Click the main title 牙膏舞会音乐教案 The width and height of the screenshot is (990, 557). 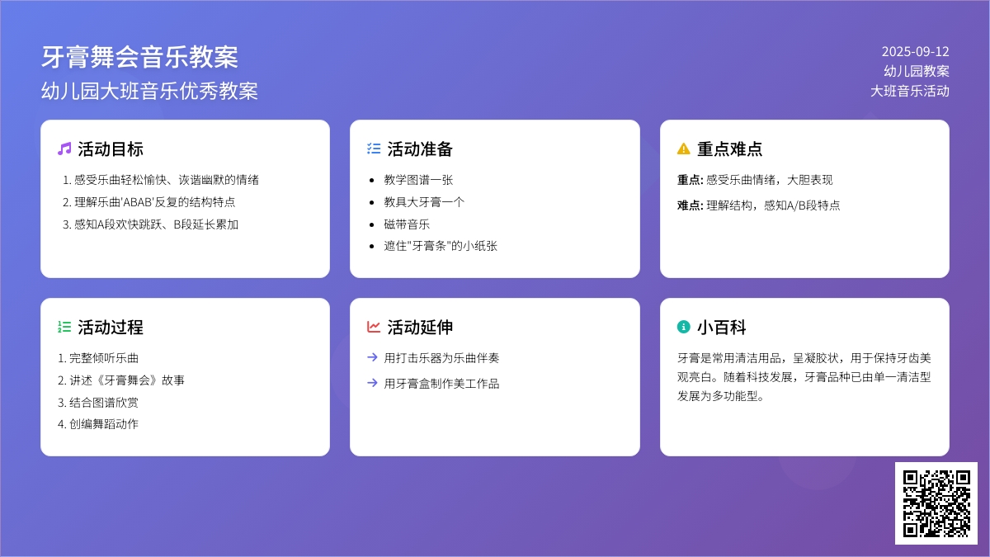(x=139, y=58)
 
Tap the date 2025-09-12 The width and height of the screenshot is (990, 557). (x=915, y=52)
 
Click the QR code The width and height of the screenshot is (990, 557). (x=936, y=503)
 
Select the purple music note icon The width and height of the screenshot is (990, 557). (x=64, y=149)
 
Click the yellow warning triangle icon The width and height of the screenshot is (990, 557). (x=683, y=149)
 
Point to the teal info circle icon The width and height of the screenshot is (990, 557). (x=683, y=327)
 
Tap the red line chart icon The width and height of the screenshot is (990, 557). (x=374, y=327)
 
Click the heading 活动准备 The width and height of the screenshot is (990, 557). (x=420, y=149)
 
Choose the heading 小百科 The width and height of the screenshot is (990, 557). (x=722, y=328)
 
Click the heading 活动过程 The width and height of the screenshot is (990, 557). (x=111, y=328)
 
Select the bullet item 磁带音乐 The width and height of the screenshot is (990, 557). (x=407, y=224)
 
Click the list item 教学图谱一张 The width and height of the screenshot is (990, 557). (x=418, y=180)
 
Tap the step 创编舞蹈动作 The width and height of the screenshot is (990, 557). (x=104, y=424)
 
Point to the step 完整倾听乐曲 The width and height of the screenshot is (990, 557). (x=104, y=358)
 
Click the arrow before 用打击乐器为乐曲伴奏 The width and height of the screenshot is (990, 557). (x=373, y=357)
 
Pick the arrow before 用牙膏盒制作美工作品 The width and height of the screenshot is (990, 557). (x=373, y=383)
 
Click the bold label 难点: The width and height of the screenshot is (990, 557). (x=690, y=205)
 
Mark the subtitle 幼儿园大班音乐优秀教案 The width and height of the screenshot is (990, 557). (x=149, y=91)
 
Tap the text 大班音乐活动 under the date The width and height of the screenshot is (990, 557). (x=909, y=91)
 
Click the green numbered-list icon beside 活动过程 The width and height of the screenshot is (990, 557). (x=64, y=327)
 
